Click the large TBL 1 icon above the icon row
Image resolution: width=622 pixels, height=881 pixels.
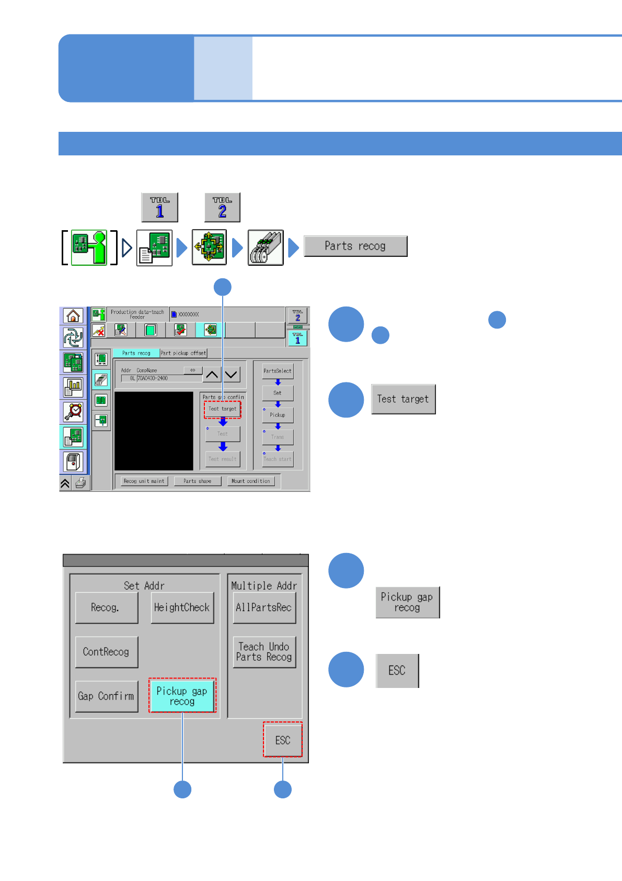(x=159, y=208)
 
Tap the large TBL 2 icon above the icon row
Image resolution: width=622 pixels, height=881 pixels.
(x=222, y=208)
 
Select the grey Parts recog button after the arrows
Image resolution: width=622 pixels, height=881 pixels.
(x=355, y=246)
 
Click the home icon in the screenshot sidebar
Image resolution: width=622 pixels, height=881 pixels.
(x=73, y=316)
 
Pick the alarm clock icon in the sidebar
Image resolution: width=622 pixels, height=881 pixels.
(x=73, y=412)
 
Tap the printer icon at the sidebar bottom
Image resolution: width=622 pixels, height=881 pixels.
(x=80, y=483)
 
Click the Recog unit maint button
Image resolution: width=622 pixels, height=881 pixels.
(x=144, y=481)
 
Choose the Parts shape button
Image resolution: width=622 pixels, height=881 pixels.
(x=198, y=481)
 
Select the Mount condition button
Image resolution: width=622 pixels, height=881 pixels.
(x=251, y=481)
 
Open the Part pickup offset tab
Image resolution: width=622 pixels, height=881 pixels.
(x=183, y=353)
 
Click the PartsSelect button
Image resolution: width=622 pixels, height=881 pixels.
(x=278, y=371)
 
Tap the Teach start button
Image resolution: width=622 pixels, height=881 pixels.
(x=278, y=459)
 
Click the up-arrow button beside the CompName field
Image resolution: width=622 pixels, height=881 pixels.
(x=212, y=375)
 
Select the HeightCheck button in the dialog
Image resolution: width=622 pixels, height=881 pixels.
(x=182, y=607)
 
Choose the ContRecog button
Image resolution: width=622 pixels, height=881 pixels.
(x=106, y=652)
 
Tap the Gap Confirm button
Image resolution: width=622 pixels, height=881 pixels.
(x=106, y=696)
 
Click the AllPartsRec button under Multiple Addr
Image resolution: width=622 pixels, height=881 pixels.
(x=264, y=607)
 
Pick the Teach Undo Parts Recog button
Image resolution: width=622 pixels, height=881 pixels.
(x=264, y=652)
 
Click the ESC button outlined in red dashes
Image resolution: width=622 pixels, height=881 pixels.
(x=283, y=740)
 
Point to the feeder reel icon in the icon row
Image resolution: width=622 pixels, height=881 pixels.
(x=266, y=247)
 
